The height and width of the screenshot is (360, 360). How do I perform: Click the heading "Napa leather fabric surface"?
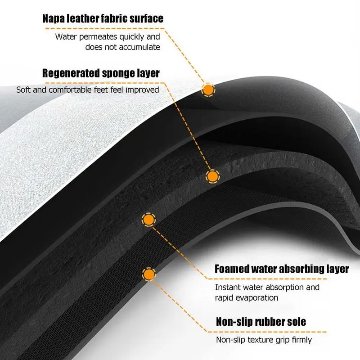(x=102, y=18)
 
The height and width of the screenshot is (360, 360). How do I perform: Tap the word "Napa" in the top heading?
(x=54, y=18)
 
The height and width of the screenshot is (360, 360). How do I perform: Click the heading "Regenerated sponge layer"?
(x=101, y=73)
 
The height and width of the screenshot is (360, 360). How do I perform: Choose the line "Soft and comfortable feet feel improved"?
(x=88, y=90)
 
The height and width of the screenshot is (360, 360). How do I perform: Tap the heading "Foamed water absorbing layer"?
(x=282, y=269)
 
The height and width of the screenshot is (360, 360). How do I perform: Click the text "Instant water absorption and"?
(x=267, y=287)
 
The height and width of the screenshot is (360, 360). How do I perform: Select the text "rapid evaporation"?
(x=246, y=297)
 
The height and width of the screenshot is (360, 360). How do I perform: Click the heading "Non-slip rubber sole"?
(x=261, y=322)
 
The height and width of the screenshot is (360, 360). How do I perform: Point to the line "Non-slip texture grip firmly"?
(x=264, y=340)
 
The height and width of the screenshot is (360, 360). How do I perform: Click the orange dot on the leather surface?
(x=208, y=90)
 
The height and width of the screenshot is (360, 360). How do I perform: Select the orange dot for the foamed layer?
(x=148, y=220)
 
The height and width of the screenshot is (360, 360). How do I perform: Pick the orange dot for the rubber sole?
(x=148, y=273)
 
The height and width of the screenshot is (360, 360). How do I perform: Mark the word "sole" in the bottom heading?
(x=296, y=322)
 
